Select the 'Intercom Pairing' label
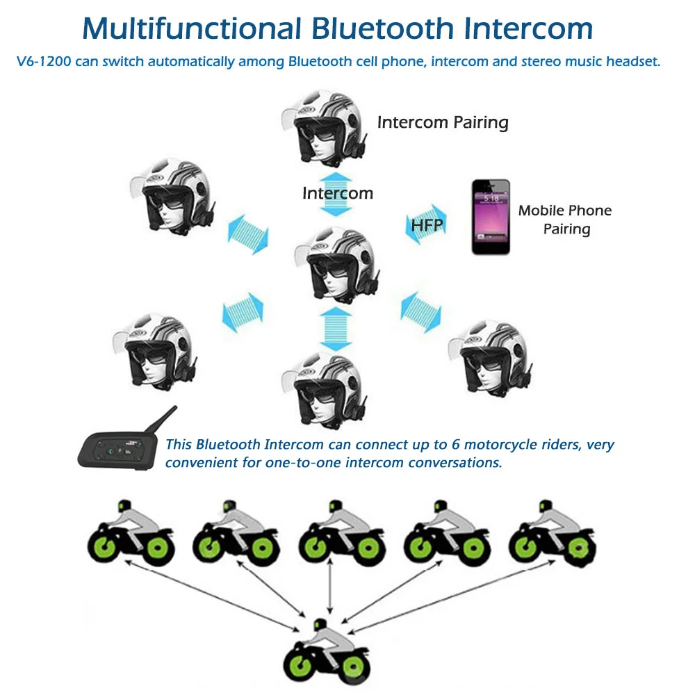(443, 123)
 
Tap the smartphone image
(491, 217)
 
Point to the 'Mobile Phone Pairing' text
(565, 220)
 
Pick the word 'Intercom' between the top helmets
(337, 193)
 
